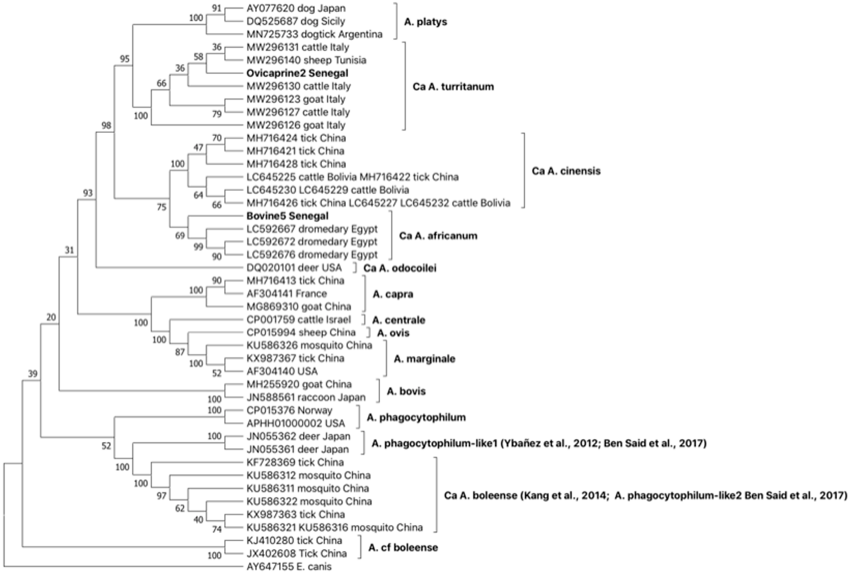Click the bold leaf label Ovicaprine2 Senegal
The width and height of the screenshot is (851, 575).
click(297, 73)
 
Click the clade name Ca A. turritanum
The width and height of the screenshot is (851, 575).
click(453, 87)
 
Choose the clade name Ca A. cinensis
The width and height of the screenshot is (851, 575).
click(566, 171)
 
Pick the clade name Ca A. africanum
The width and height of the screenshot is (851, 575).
click(438, 236)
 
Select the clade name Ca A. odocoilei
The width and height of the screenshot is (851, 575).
click(400, 268)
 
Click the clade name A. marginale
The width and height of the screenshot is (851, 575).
click(424, 359)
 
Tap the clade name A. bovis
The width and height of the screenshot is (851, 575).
click(406, 391)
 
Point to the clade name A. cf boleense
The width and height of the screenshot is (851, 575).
click(403, 548)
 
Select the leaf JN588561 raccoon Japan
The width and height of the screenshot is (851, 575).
click(306, 397)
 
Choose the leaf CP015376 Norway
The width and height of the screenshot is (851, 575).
click(289, 410)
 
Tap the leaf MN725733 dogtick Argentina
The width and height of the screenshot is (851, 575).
click(314, 34)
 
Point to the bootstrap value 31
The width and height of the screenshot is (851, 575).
click(69, 250)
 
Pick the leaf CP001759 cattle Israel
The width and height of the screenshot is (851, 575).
click(299, 320)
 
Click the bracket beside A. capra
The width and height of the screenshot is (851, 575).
click(364, 293)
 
